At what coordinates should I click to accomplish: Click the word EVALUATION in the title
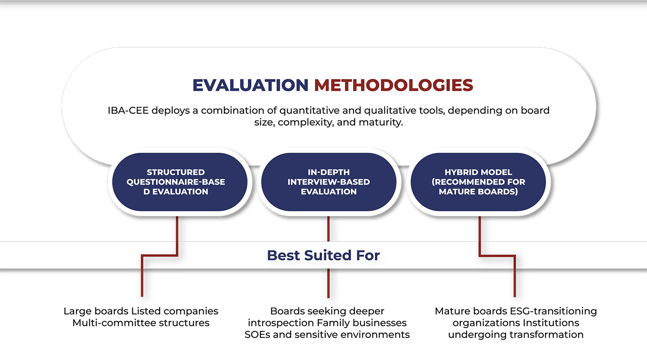pos(251,85)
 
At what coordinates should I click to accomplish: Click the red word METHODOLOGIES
pos(393,85)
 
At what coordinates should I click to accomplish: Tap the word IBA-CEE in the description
pos(128,111)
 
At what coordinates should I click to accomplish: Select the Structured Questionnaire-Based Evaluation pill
pos(180,182)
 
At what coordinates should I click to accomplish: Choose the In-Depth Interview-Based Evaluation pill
pos(329,182)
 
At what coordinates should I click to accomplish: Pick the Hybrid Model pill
pos(478,182)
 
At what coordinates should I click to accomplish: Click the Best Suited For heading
pos(323,256)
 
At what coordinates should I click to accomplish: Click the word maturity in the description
pos(381,123)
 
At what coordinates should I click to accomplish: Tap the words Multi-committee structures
pos(141,323)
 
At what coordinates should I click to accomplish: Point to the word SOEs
pos(257,335)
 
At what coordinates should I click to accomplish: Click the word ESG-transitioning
pos(553,311)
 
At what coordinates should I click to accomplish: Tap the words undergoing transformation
pos(516,335)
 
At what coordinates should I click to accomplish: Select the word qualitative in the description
pos(390,111)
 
